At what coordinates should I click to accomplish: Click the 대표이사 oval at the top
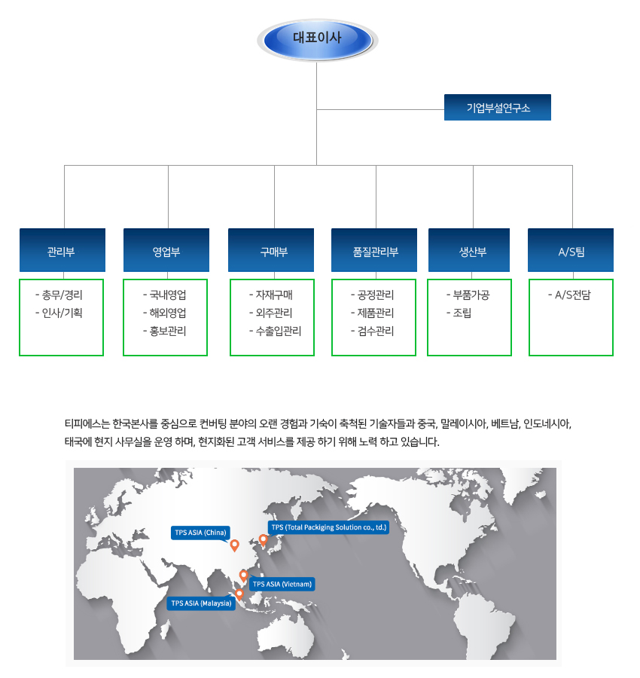tap(318, 40)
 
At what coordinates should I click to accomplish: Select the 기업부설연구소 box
tap(498, 107)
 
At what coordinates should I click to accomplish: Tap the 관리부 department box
tap(62, 250)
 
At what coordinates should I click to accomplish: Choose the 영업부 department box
tap(166, 250)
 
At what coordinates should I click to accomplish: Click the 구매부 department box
tap(271, 250)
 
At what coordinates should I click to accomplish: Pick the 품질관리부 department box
tap(374, 250)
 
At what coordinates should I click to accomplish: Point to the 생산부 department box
tap(469, 250)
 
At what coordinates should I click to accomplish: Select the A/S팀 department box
tap(571, 250)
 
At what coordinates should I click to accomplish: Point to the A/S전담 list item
tap(569, 295)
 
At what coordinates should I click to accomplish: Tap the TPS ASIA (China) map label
tap(200, 533)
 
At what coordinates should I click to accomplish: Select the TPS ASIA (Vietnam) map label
tap(282, 584)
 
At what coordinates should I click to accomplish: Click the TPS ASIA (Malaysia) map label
tap(201, 603)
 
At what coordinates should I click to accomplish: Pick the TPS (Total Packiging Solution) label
tap(329, 527)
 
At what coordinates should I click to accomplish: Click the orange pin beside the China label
tap(235, 545)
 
